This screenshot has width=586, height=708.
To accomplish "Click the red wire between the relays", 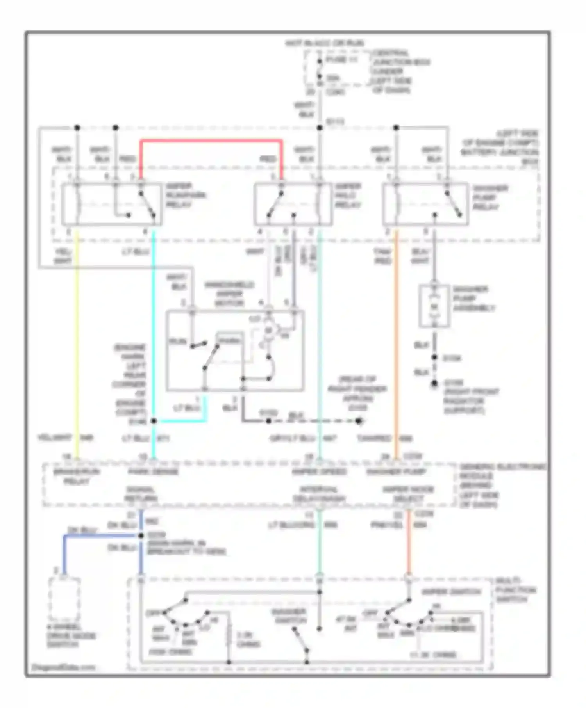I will coord(211,141).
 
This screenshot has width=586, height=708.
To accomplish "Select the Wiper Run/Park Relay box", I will coord(111,204).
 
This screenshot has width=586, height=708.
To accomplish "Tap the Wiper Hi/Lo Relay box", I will coord(293,204).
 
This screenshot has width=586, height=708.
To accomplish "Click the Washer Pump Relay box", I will coord(425,204).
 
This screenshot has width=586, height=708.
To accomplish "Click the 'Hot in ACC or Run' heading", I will coord(324,43).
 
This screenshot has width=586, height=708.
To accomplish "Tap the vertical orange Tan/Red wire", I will coord(396,343).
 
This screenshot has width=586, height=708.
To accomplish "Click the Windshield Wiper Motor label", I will coord(229,294).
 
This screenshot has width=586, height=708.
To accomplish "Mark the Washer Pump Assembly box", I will coord(434,306).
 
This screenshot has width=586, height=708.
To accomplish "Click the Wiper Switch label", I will coord(451,592).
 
